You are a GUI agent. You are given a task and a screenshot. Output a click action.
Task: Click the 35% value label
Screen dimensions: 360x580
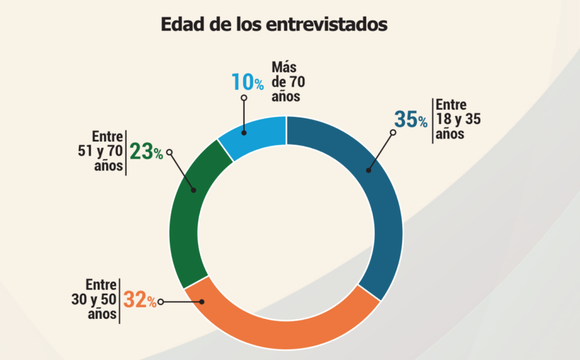tap(411, 120)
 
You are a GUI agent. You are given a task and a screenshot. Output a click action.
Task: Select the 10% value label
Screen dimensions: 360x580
tap(247, 83)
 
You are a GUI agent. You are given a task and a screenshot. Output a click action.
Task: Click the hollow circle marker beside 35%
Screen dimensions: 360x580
tap(392, 132)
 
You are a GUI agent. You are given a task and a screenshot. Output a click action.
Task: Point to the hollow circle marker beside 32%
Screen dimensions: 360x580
tap(161, 302)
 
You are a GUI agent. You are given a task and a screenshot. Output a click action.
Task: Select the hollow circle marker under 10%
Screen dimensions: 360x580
tap(244, 98)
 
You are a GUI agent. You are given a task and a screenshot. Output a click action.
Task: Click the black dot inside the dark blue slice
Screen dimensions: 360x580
tap(368, 169)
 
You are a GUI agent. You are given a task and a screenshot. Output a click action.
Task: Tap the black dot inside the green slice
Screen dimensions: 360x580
tap(194, 190)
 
